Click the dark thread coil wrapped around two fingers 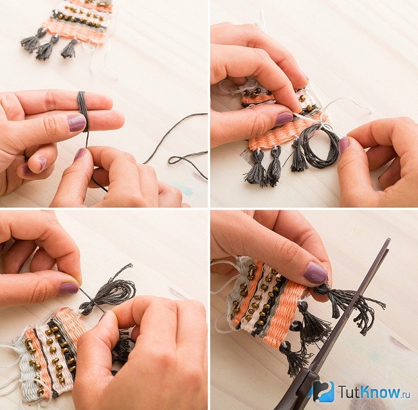pos(83,112)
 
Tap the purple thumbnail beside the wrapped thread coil pos(77,123)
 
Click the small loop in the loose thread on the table pos(175,160)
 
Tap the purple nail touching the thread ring pos(343,145)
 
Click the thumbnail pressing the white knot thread pos(284,119)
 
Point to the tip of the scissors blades pos(389,240)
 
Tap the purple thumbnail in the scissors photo pos(315,272)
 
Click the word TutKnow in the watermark pos(370,391)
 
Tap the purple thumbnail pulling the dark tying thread pos(68,289)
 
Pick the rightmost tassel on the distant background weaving pos(70,49)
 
